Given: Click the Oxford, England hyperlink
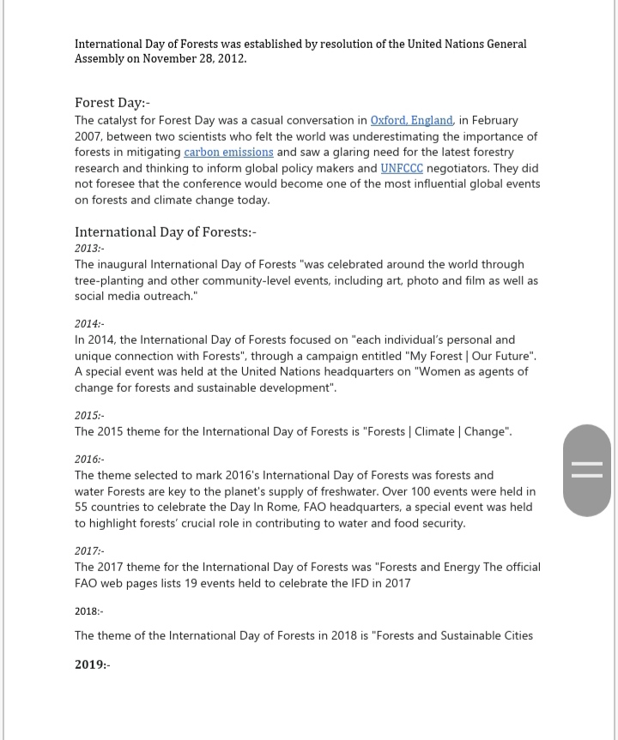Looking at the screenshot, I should [x=412, y=121].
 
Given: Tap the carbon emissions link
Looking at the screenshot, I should [x=228, y=153].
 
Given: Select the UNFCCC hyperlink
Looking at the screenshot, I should [x=402, y=168].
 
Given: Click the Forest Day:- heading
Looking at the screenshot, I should [x=112, y=103].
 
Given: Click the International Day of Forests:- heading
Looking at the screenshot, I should [x=166, y=232].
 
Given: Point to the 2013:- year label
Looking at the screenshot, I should [x=89, y=249].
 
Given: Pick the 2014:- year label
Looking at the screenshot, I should [x=89, y=324].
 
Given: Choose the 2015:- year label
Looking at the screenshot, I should [x=89, y=416].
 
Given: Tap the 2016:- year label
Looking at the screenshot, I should [x=89, y=460].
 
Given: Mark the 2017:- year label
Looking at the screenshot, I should [x=89, y=551].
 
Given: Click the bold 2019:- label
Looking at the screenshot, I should [x=93, y=665].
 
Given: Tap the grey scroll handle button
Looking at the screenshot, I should [x=587, y=470].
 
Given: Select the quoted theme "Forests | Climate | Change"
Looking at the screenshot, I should [x=438, y=431].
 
